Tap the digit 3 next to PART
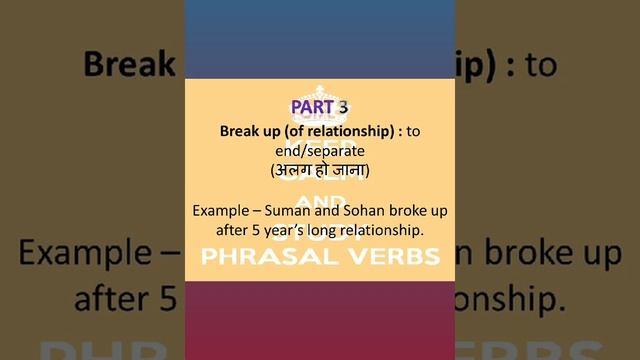[x=342, y=107]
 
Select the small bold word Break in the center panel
[x=240, y=131]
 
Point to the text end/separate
[x=319, y=151]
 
